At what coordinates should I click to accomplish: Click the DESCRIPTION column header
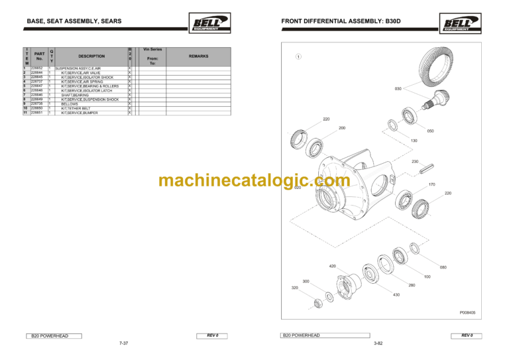click(91, 56)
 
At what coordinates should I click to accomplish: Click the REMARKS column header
click(198, 56)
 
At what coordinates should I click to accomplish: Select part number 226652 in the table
click(37, 68)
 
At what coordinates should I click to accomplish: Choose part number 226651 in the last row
click(37, 113)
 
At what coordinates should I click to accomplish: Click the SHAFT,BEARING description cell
click(75, 95)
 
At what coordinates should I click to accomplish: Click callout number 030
click(398, 88)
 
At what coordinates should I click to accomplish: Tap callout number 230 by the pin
click(415, 162)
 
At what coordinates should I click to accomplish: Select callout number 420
click(333, 266)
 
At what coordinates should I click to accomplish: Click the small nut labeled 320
click(318, 303)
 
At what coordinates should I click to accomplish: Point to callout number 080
click(443, 267)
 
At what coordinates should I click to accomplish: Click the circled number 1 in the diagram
click(299, 56)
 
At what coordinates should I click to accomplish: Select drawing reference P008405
click(467, 312)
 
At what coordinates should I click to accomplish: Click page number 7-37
click(123, 343)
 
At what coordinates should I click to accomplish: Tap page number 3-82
click(378, 343)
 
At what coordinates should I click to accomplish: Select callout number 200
click(341, 127)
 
